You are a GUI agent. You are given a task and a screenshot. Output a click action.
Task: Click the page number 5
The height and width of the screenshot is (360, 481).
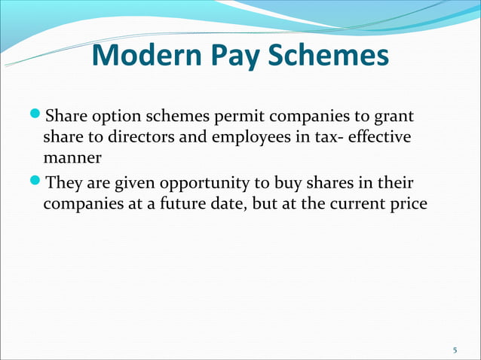pos(455,350)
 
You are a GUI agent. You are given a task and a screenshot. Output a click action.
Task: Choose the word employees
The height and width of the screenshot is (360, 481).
pos(225,139)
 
